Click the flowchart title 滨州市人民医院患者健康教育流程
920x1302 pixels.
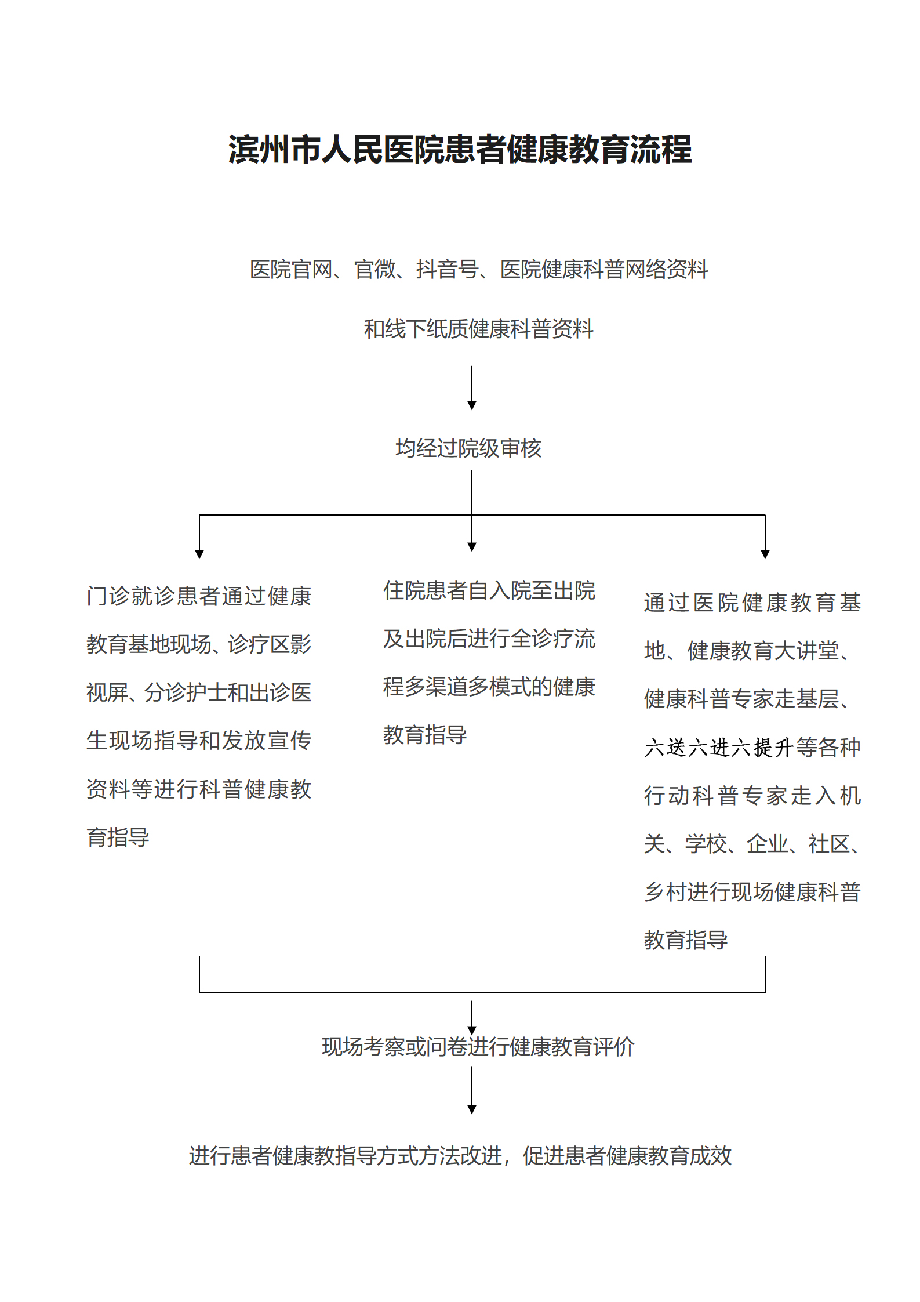coord(460,150)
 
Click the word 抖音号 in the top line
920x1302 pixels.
coord(446,269)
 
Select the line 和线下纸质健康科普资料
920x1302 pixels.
coord(478,329)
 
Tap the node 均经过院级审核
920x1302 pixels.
coord(468,448)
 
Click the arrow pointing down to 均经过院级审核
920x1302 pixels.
coord(472,387)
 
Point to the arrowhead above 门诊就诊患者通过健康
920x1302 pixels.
coord(199,554)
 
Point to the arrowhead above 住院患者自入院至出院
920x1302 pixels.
coord(472,546)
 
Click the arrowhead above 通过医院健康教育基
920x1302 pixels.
coord(765,554)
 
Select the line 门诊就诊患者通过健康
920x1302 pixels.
coord(199,596)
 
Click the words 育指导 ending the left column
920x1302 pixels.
coord(118,837)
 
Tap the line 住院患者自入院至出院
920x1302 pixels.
coord(489,590)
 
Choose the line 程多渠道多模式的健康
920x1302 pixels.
coord(489,687)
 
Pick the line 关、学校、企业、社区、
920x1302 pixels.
coord(752,844)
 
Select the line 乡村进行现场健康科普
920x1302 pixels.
coord(752,892)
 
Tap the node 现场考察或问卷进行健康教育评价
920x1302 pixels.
coord(478,1047)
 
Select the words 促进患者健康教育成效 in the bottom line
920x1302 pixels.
coord(627,1156)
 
